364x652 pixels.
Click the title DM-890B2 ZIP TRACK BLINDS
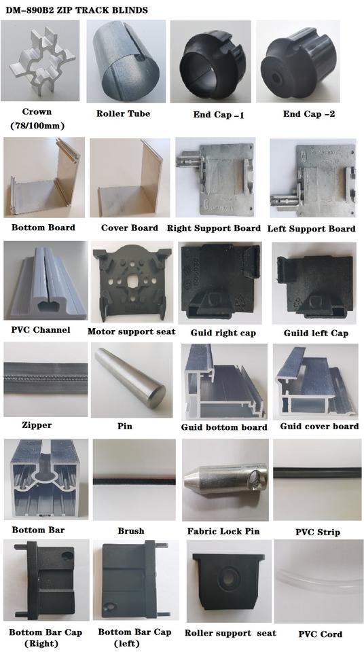(77, 10)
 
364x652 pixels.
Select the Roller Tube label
(123, 113)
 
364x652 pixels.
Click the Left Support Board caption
(311, 229)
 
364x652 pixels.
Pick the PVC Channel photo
(45, 282)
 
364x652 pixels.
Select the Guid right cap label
(223, 333)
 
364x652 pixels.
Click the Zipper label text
(37, 425)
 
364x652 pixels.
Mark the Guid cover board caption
(319, 427)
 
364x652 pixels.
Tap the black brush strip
(134, 481)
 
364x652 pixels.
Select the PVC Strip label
(317, 532)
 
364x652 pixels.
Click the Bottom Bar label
(38, 530)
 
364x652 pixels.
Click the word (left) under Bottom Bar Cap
(128, 644)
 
